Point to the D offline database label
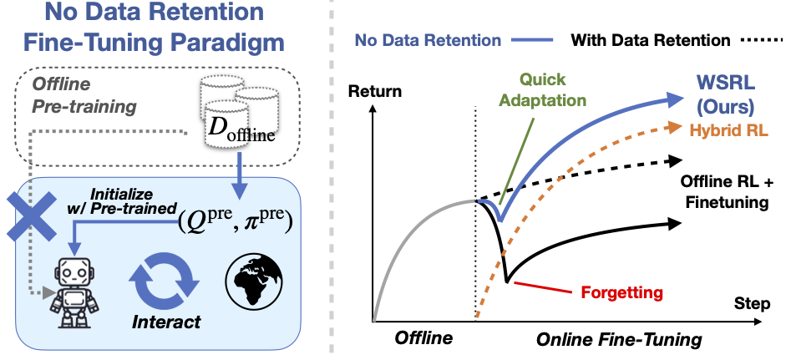241,131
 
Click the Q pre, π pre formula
235,222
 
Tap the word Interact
166,322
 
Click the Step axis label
752,304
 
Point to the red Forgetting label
621,292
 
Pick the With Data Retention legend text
650,39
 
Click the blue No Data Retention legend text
428,40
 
